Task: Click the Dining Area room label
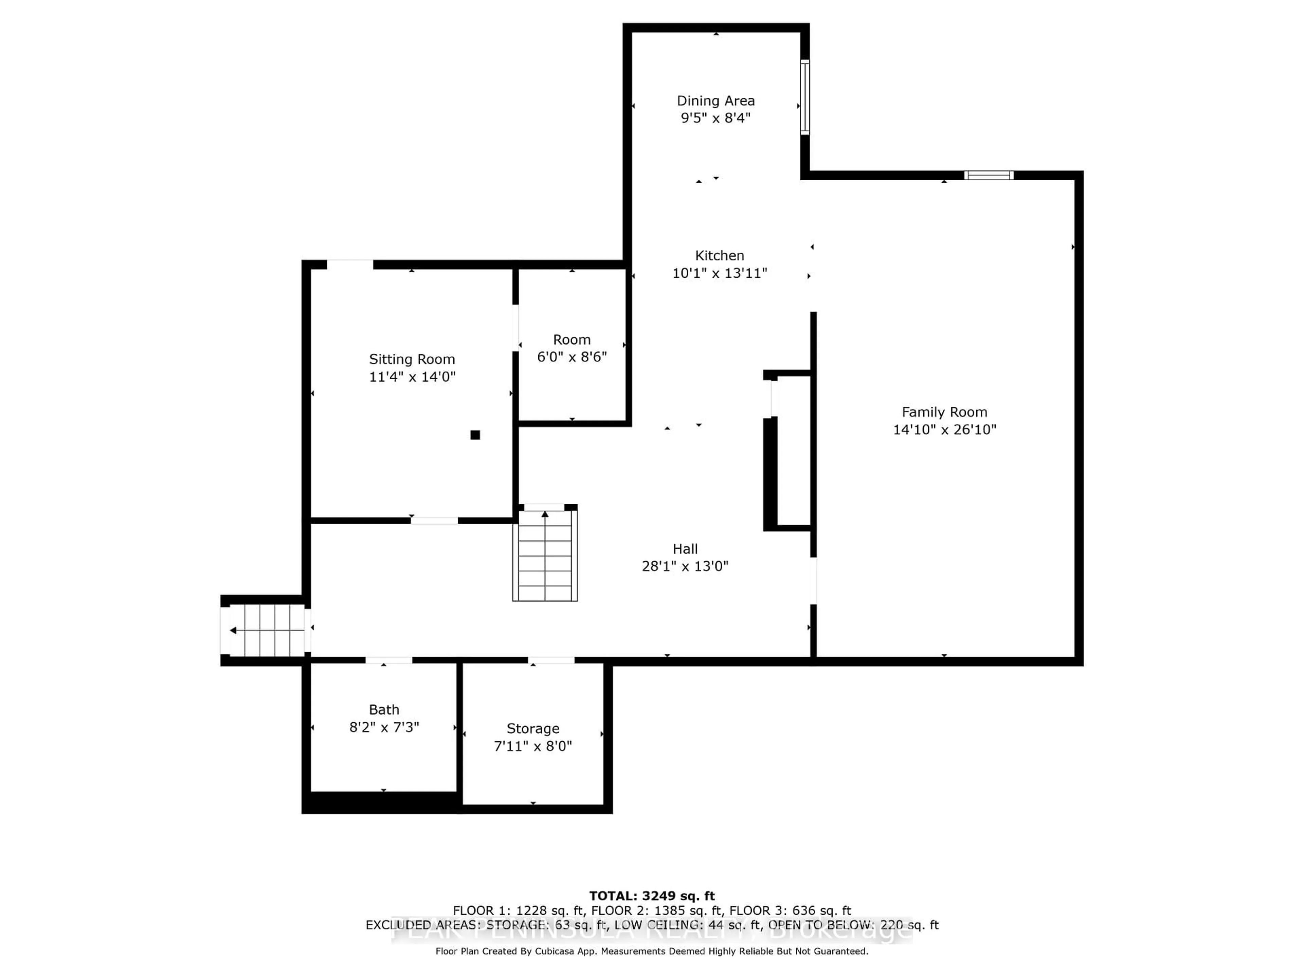point(715,101)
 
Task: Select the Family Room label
point(944,412)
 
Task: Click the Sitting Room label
point(412,359)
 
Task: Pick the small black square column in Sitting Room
point(475,435)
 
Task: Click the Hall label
point(685,549)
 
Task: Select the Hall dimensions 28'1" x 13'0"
point(685,566)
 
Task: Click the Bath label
point(384,710)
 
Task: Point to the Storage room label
point(533,729)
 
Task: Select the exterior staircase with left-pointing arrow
point(267,630)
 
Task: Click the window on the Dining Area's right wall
point(805,97)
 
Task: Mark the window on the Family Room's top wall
point(989,175)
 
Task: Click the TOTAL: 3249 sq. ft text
point(652,896)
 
